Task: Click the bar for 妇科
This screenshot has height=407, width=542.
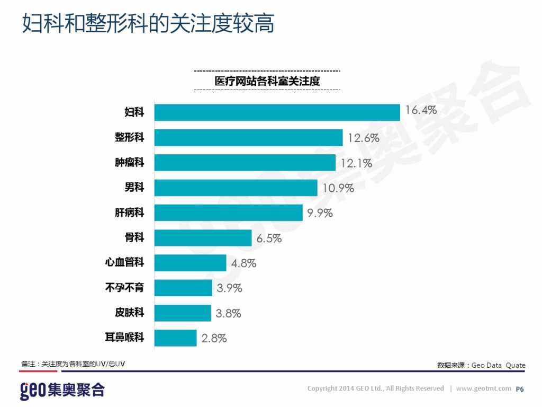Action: (277, 112)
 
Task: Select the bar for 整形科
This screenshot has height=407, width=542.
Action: (248, 138)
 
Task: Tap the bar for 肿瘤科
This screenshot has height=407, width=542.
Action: (245, 163)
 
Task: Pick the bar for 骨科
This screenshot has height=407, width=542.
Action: (203, 238)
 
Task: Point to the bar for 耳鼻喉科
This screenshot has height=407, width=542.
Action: (175, 338)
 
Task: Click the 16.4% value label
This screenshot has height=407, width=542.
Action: (421, 110)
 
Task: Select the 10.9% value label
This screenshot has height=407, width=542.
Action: (338, 188)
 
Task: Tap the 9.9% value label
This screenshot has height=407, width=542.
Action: (320, 213)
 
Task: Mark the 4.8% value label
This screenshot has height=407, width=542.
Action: (243, 263)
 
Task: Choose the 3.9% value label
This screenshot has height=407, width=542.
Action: (229, 288)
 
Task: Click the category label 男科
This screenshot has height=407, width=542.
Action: (134, 188)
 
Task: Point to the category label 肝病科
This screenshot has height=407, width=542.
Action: (129, 213)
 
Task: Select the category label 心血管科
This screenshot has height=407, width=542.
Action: (125, 263)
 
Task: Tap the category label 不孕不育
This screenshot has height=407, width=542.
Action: (125, 288)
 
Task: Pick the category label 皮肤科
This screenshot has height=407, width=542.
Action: (129, 313)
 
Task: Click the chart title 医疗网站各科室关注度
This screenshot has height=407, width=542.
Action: (267, 81)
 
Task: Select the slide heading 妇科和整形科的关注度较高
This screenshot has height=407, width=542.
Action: (148, 24)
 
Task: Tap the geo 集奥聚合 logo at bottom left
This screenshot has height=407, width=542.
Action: (62, 390)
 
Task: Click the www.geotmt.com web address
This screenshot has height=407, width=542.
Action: (483, 388)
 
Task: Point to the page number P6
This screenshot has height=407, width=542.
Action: (520, 389)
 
